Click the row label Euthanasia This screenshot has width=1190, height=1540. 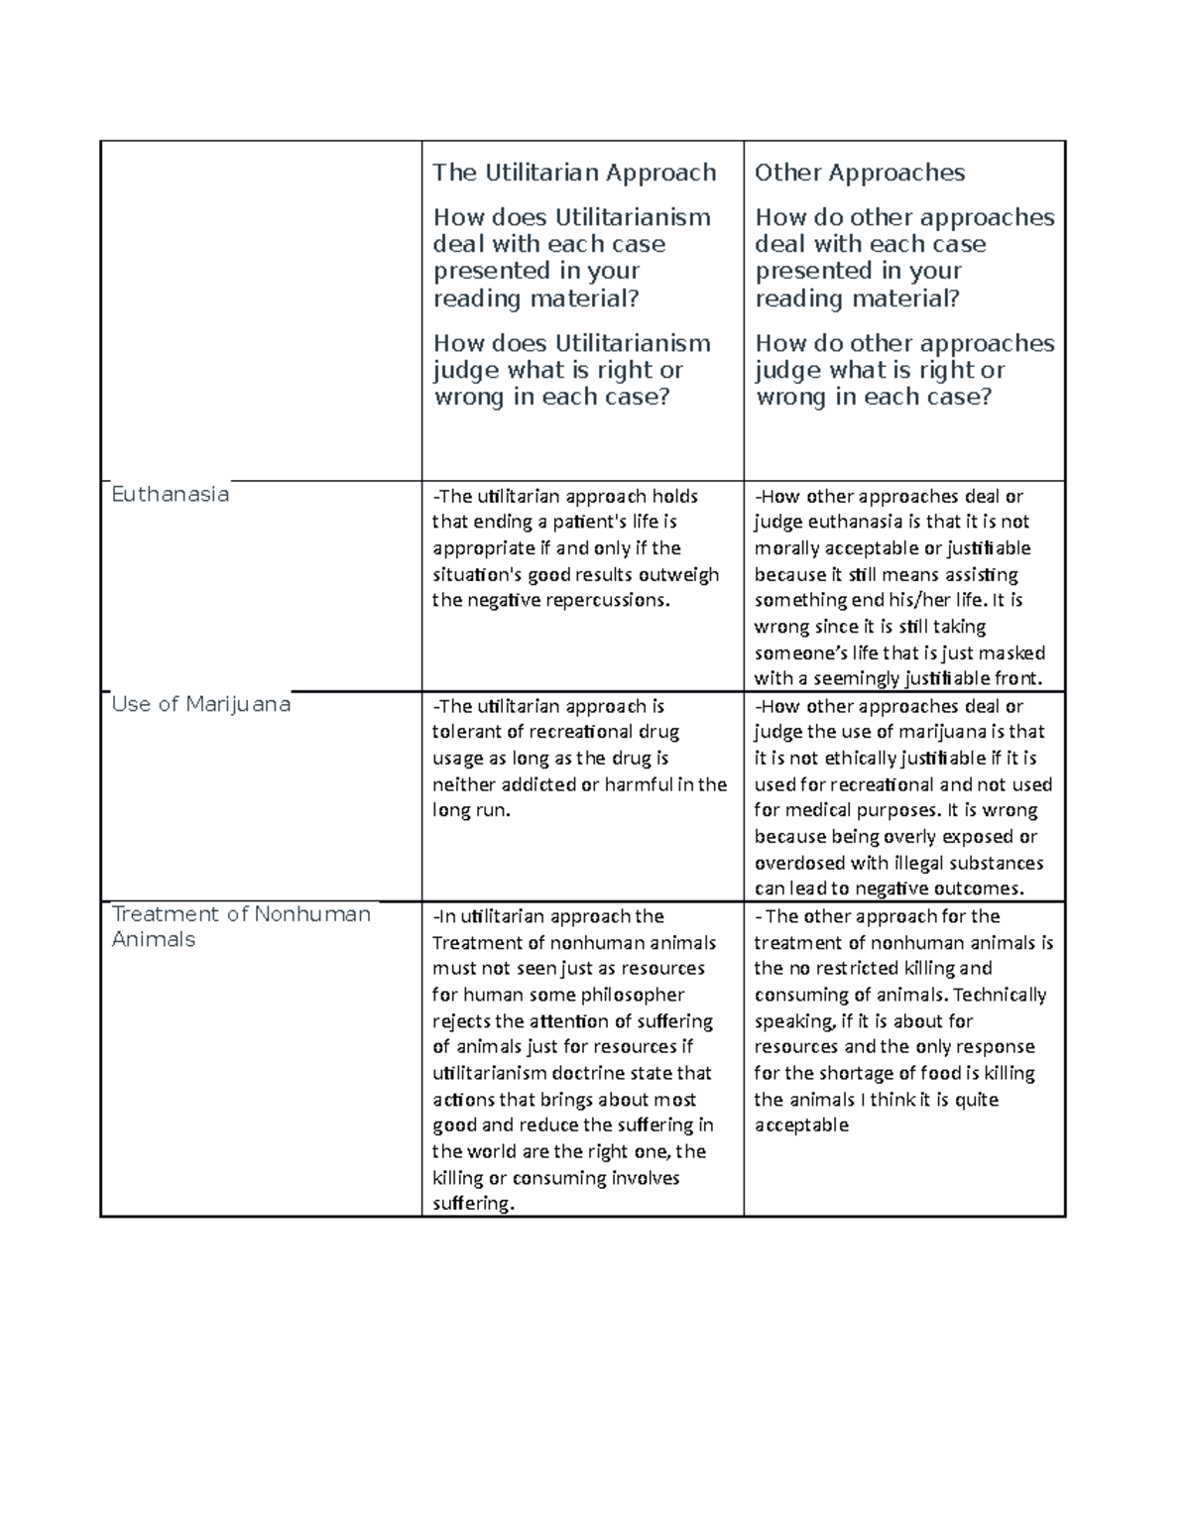[x=170, y=494]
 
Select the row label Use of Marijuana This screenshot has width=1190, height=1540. [x=200, y=704]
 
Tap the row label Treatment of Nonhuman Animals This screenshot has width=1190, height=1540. [x=241, y=926]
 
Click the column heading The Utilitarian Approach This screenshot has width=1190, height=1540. [x=574, y=173]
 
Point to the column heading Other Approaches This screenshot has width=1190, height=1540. [x=859, y=173]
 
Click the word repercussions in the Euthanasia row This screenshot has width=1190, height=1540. [x=607, y=600]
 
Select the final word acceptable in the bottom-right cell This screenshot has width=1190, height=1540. [x=801, y=1125]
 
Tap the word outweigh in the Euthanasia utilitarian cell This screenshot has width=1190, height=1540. [x=683, y=574]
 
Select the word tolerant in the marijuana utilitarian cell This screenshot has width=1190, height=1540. [x=467, y=732]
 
